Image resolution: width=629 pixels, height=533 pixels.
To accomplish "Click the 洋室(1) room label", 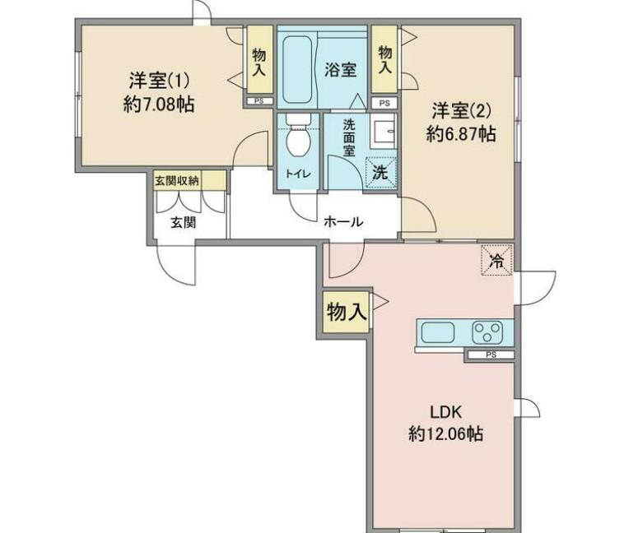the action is coord(159,81).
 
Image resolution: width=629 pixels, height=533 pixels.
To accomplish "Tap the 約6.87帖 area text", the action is coord(461,133).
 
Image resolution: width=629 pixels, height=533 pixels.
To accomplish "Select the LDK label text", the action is coord(446,412).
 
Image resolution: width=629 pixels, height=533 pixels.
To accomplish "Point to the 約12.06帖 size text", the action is coord(445,433).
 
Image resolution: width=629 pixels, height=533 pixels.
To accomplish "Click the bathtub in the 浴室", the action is coord(297,70).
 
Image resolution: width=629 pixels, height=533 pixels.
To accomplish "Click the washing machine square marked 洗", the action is coord(380,173).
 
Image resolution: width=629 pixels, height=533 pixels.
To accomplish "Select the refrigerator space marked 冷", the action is coord(497,260).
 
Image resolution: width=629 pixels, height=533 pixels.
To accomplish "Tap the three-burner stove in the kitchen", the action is coord(487,332).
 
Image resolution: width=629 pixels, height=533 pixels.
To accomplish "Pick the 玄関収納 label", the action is coord(177,181).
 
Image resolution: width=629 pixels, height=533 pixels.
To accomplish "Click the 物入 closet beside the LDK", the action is coord(346,312).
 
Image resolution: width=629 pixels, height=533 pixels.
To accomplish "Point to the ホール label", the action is coord(343,221).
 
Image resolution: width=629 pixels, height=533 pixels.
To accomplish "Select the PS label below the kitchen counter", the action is coord(491,355).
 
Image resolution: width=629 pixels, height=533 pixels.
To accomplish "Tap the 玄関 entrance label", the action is coord(184,222).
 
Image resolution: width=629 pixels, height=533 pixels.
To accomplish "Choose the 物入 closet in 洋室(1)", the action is coord(259,60).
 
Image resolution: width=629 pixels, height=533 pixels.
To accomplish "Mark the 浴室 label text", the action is coord(340,70).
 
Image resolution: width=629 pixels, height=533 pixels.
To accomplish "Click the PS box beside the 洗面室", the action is coord(384,103).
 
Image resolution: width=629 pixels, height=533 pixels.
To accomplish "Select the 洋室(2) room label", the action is coord(461,111).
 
